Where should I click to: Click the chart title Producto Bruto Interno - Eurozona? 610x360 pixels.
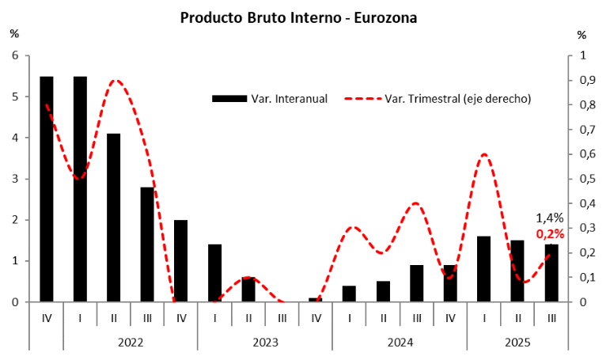click(x=298, y=17)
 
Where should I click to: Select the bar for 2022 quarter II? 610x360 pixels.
click(x=113, y=218)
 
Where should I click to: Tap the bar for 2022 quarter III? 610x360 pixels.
click(x=147, y=244)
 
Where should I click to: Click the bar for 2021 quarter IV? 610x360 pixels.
click(x=47, y=189)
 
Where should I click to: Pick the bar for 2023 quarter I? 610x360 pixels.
click(x=214, y=273)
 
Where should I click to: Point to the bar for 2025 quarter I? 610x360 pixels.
click(x=483, y=269)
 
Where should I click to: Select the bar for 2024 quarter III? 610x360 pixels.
click(x=416, y=283)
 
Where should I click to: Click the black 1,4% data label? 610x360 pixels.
click(x=550, y=218)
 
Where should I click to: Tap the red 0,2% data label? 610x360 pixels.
click(x=550, y=233)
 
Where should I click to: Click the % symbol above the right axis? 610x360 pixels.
click(x=582, y=35)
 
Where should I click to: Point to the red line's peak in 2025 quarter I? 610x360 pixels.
click(x=483, y=154)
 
